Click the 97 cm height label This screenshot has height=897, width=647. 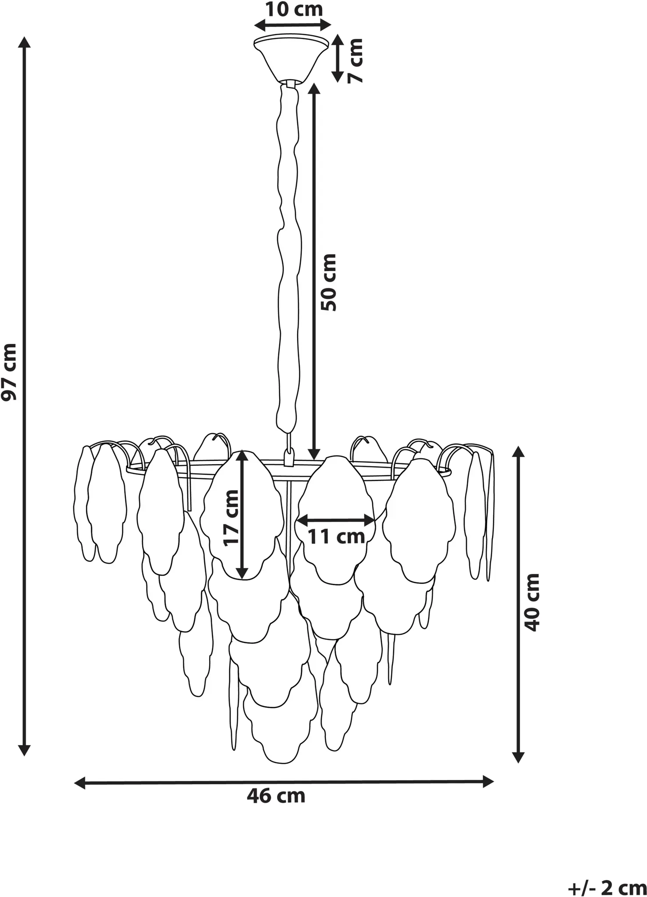(x=9, y=372)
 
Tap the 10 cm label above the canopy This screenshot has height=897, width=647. (x=294, y=9)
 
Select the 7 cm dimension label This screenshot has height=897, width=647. (x=355, y=60)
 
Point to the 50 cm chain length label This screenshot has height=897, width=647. (x=328, y=283)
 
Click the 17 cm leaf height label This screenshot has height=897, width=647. (x=231, y=518)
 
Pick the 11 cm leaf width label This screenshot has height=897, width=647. (x=336, y=537)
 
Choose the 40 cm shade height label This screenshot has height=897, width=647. (x=532, y=603)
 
